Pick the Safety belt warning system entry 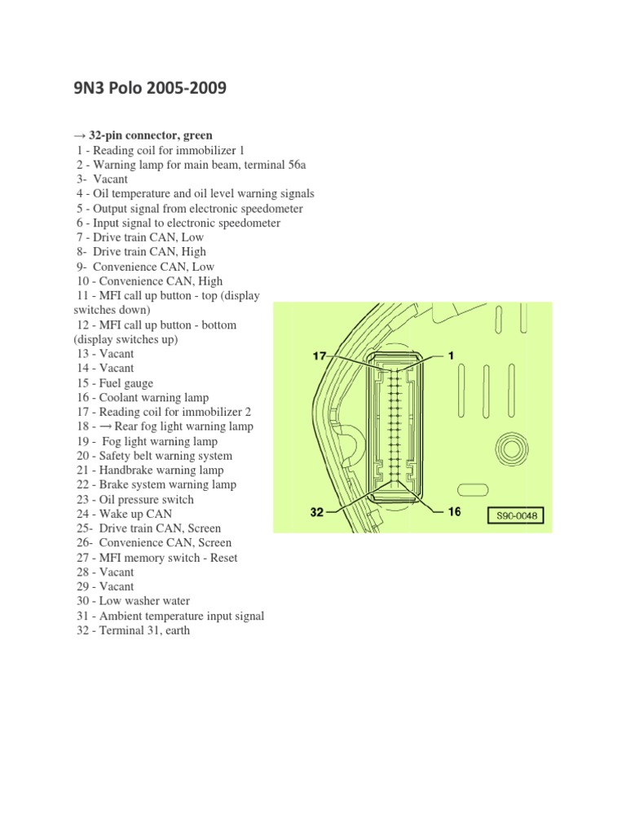[x=154, y=456]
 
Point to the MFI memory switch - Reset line [x=156, y=558]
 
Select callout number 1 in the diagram [x=450, y=356]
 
